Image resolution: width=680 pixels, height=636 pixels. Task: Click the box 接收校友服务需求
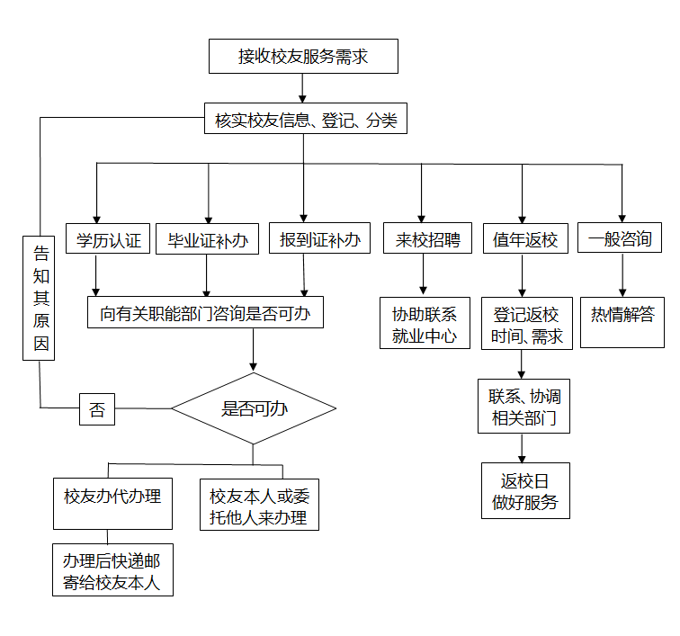pos(303,57)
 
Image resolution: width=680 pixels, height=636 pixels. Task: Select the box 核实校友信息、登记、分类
pos(306,118)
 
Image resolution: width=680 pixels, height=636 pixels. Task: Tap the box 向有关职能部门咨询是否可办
pos(205,313)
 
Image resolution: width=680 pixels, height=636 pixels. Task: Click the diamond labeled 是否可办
pos(254,408)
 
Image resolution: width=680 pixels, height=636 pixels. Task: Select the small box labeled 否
pos(97,409)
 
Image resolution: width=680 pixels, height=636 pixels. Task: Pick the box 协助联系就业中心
pos(425,324)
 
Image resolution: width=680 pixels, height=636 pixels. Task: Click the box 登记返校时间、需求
pos(526,324)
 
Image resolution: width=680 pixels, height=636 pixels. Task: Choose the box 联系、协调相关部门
pos(523,406)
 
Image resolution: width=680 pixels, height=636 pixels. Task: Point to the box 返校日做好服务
pos(524,490)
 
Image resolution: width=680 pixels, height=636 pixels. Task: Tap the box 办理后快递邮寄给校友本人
pos(112,569)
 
